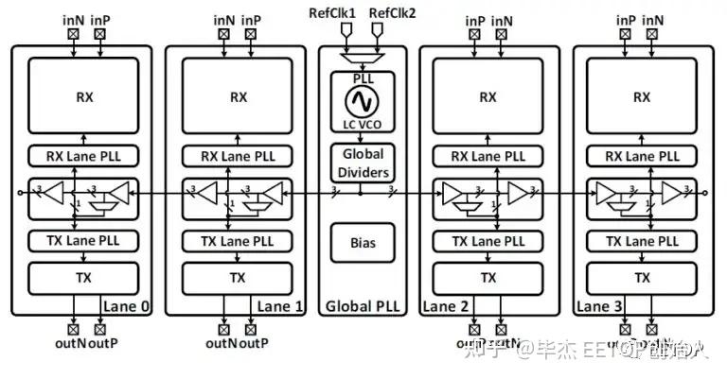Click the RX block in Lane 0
82,96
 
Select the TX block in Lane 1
237,278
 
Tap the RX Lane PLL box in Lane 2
488,156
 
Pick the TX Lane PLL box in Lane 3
642,241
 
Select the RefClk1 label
332,11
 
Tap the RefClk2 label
391,11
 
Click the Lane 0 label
124,306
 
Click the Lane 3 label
600,306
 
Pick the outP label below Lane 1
254,345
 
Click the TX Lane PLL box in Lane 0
82,241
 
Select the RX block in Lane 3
642,96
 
